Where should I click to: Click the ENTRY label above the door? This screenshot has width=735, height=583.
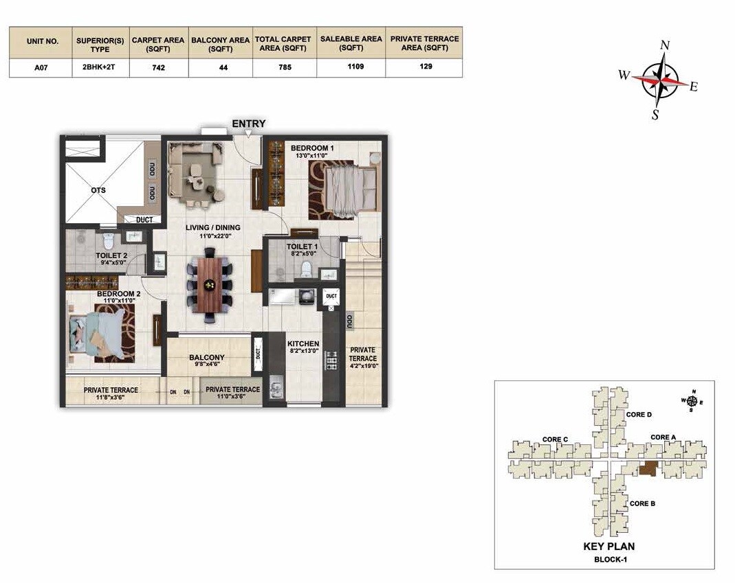click(x=248, y=124)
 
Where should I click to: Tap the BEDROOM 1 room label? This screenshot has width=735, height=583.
click(x=311, y=148)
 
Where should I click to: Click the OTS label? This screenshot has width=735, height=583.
click(x=98, y=190)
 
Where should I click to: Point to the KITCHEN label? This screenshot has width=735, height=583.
click(x=303, y=343)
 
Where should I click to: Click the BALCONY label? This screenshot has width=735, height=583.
click(x=207, y=358)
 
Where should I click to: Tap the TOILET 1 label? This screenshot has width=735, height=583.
click(x=303, y=247)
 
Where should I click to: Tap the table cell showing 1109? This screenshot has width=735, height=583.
click(x=351, y=67)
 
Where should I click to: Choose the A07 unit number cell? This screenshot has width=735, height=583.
click(x=41, y=68)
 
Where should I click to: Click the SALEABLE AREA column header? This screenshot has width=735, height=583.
click(x=351, y=43)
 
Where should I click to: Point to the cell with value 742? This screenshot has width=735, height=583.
click(x=157, y=68)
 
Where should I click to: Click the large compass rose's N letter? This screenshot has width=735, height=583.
click(x=664, y=45)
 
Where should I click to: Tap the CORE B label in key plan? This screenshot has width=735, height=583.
click(x=642, y=503)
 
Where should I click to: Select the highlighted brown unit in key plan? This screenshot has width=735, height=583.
click(x=648, y=470)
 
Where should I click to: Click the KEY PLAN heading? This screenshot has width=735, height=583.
click(x=608, y=547)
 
